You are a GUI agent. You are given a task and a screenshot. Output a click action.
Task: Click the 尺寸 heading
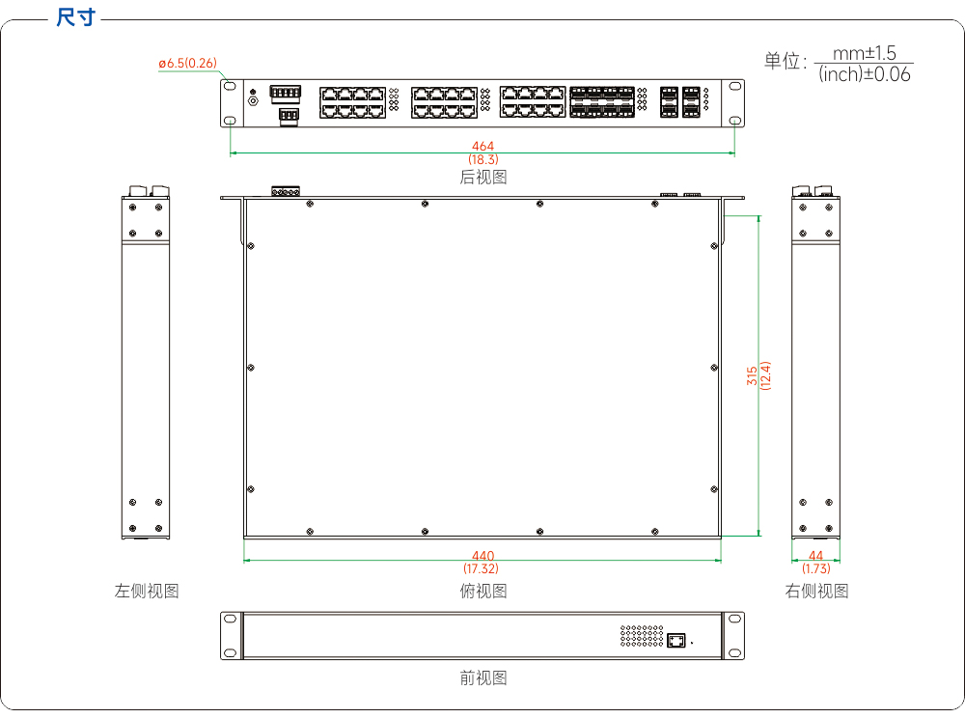pyautogui.click(x=75, y=16)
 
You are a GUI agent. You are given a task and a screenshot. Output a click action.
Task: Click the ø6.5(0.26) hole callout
pyautogui.click(x=188, y=64)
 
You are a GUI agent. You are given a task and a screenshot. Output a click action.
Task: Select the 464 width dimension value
pyautogui.click(x=483, y=146)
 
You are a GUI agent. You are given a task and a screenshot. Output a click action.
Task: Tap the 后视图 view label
pyautogui.click(x=483, y=178)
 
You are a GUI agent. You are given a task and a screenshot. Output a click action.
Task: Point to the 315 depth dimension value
pyautogui.click(x=752, y=376)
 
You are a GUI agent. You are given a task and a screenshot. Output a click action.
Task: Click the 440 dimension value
pyautogui.click(x=483, y=556)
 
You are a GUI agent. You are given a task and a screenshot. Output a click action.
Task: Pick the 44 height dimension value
pyautogui.click(x=816, y=556)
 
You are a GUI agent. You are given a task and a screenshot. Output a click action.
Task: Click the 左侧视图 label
pyautogui.click(x=147, y=592)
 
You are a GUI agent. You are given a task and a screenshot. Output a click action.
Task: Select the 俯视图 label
pyautogui.click(x=483, y=592)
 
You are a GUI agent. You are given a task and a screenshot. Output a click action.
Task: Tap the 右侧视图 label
pyautogui.click(x=816, y=592)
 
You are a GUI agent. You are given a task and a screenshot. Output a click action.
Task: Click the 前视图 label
pyautogui.click(x=483, y=678)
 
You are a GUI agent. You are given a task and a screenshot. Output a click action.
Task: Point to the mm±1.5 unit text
pyautogui.click(x=864, y=53)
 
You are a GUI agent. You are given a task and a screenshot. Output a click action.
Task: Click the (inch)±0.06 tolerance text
pyautogui.click(x=864, y=74)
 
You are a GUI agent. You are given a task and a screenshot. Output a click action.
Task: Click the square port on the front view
pyautogui.click(x=676, y=641)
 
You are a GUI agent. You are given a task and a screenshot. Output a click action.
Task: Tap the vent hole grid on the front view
pyautogui.click(x=642, y=636)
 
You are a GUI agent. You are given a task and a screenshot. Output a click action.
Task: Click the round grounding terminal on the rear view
pyautogui.click(x=253, y=100)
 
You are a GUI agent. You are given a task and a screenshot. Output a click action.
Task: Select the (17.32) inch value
pyautogui.click(x=482, y=568)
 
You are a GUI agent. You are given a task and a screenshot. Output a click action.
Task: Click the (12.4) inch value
pyautogui.click(x=765, y=375)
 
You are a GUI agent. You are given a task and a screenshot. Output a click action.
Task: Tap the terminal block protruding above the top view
pyautogui.click(x=286, y=191)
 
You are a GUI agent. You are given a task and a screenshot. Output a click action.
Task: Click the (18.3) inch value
pyautogui.click(x=483, y=159)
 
